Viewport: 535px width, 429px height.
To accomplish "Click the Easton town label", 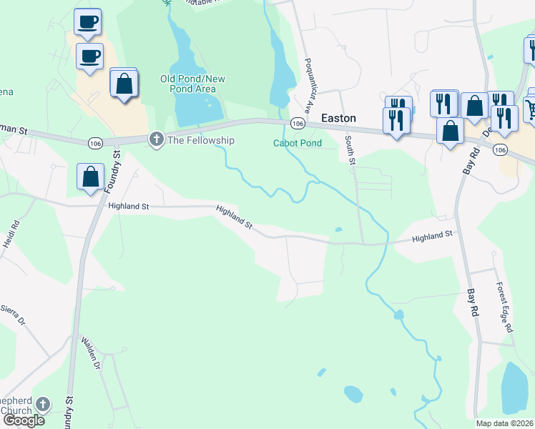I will [338, 118].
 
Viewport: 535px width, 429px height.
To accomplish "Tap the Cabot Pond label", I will [298, 143].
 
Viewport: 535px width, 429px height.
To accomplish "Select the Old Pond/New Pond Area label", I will [188, 84].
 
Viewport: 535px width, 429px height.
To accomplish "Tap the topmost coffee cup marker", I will [87, 22].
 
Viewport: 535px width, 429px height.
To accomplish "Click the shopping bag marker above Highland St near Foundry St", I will [91, 177].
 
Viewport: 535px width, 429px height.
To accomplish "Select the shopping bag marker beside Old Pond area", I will [124, 83].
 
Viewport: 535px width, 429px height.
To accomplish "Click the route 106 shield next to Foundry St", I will [95, 144].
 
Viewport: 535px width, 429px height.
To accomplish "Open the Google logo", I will [24, 420].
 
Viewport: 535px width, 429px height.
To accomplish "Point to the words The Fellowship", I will [200, 140].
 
